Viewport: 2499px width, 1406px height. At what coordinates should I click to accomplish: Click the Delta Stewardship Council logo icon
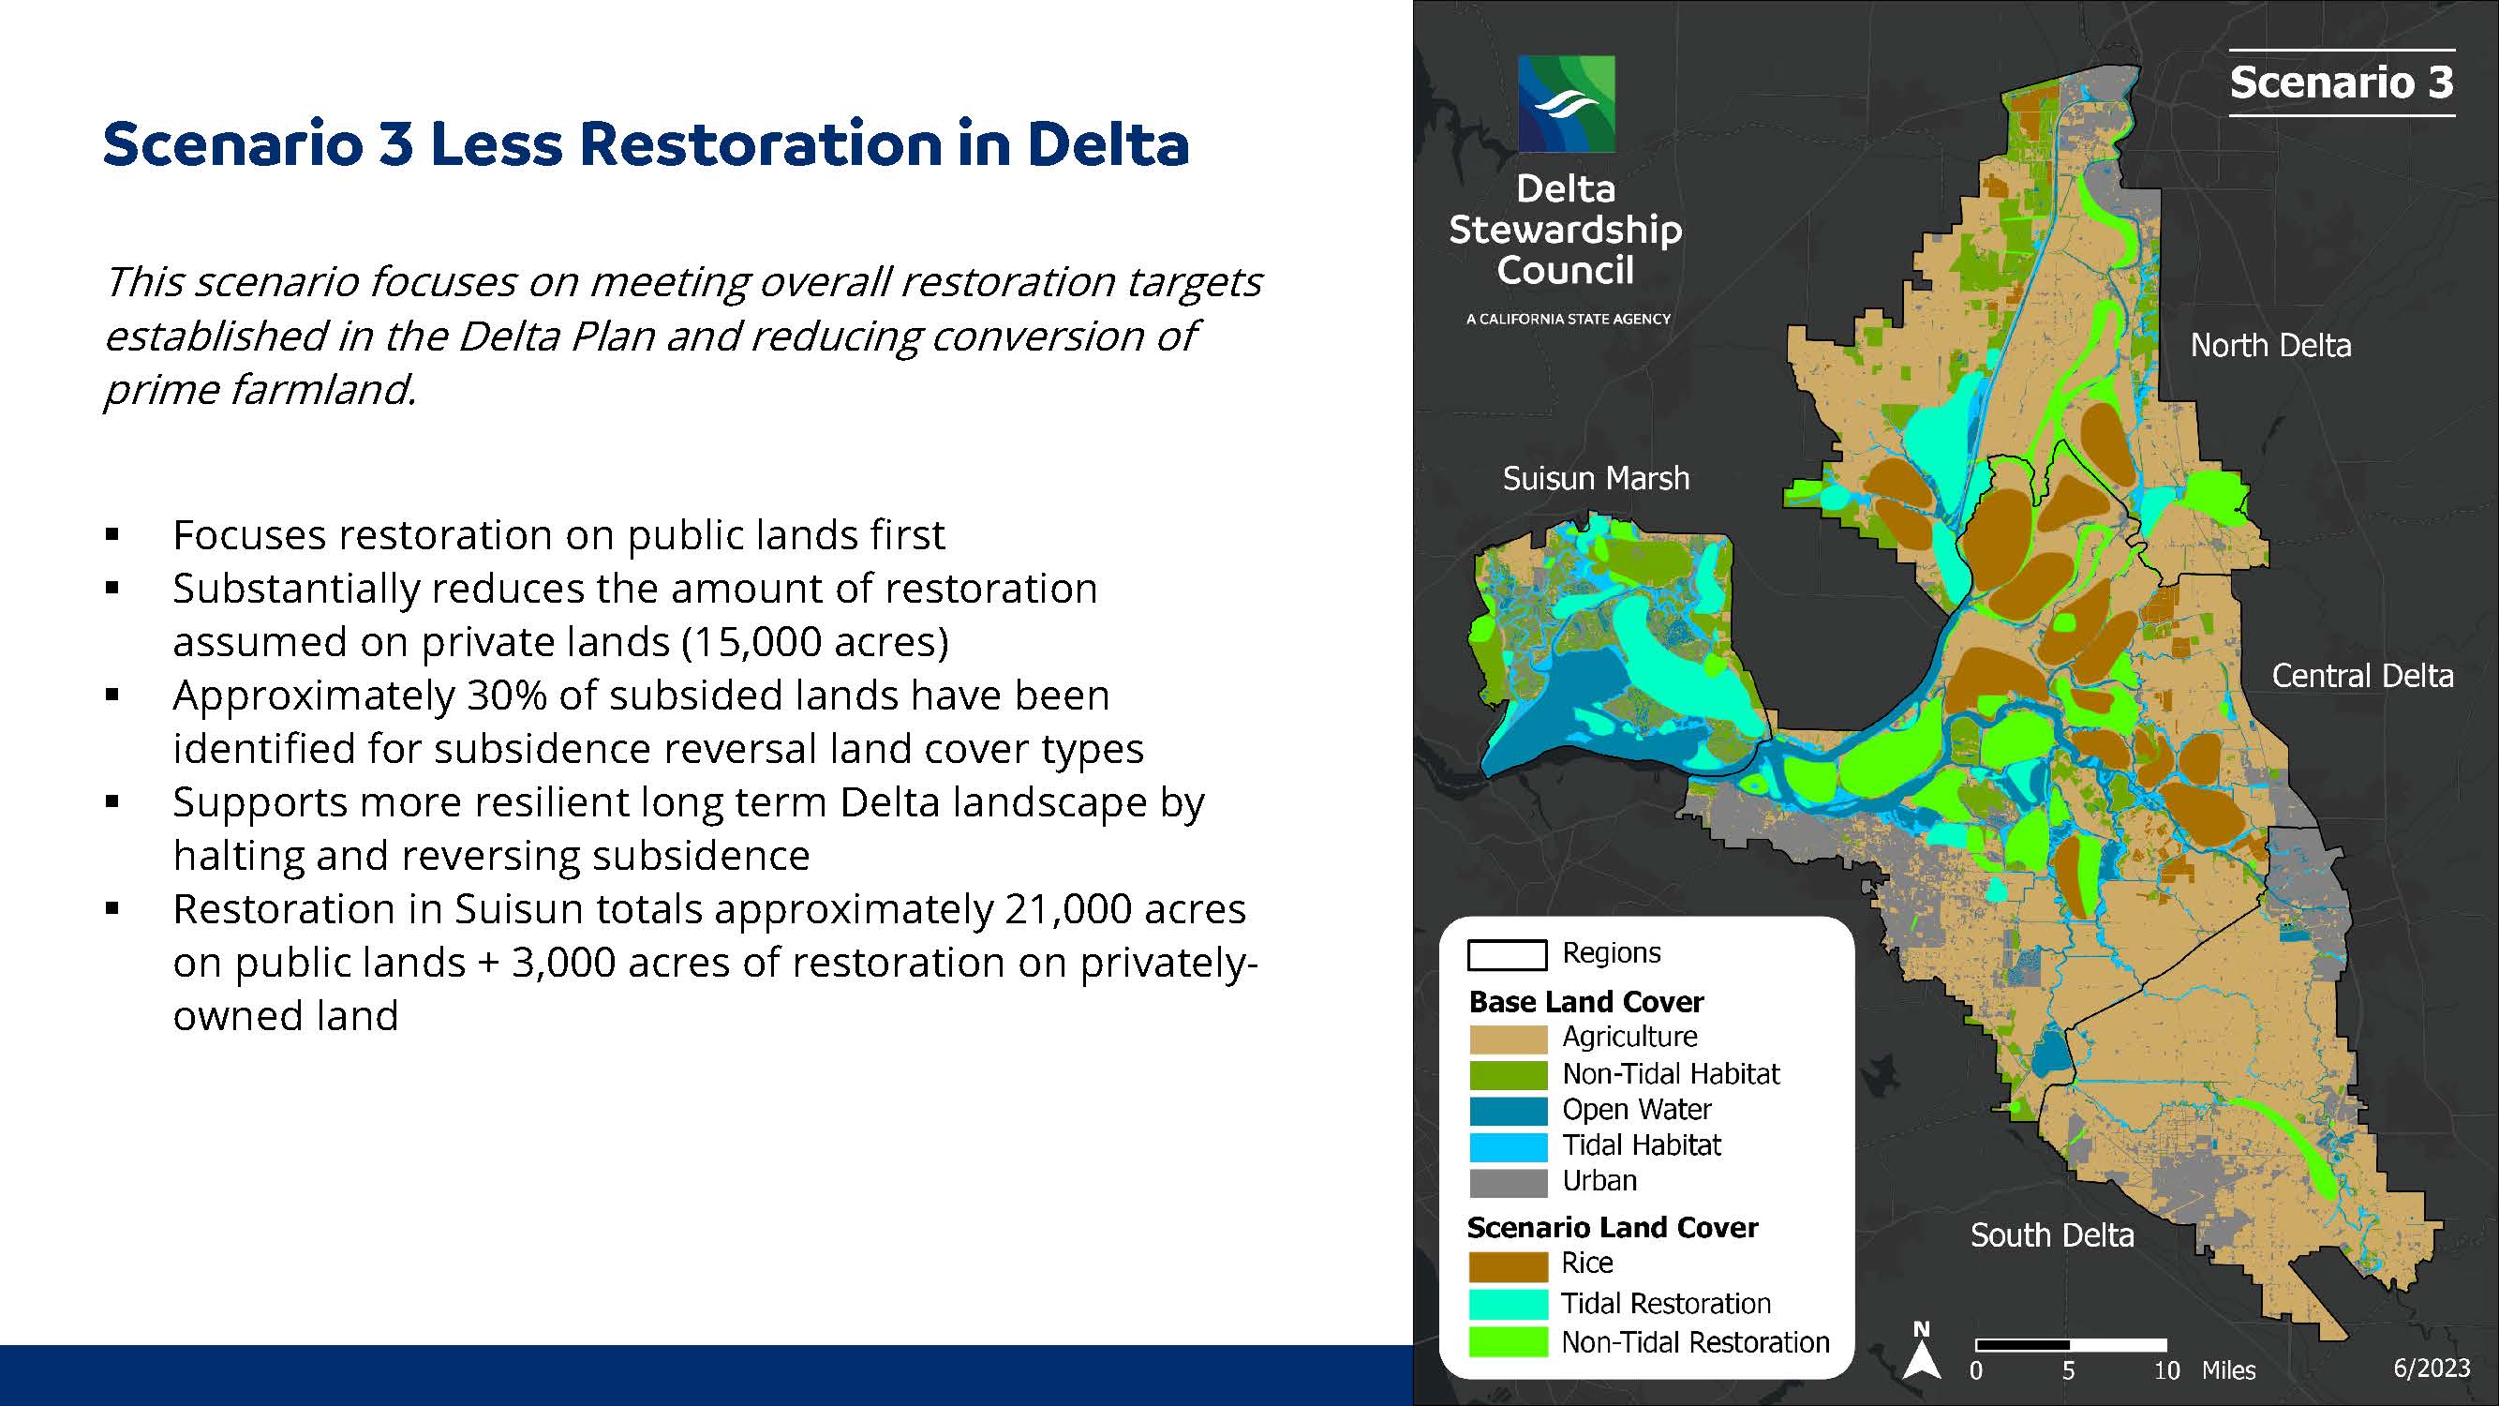[x=1566, y=104]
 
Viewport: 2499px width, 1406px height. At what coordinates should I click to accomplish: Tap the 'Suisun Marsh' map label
[x=1596, y=478]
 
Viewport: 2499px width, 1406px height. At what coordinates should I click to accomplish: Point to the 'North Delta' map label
[x=2270, y=346]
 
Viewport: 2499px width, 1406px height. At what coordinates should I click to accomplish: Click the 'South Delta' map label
[x=2052, y=1235]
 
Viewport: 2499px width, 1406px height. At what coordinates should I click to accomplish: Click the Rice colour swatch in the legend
[x=1508, y=1266]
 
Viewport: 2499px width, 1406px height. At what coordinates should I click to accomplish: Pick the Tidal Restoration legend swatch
[x=1508, y=1304]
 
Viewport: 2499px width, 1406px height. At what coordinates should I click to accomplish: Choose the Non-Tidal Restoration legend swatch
[x=1508, y=1342]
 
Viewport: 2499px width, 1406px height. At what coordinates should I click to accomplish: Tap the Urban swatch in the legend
[x=1508, y=1183]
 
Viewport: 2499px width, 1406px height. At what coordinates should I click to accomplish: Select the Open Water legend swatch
[x=1508, y=1111]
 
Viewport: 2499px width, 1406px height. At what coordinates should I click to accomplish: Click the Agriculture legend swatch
[x=1508, y=1040]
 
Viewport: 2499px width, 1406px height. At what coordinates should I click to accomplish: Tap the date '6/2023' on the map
[x=2432, y=1369]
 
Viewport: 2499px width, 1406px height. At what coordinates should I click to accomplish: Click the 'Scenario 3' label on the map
[x=2341, y=82]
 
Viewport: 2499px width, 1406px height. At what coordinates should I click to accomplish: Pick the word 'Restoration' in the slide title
[x=762, y=144]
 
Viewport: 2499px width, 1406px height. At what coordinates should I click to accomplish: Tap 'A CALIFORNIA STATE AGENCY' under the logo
[x=1568, y=319]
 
